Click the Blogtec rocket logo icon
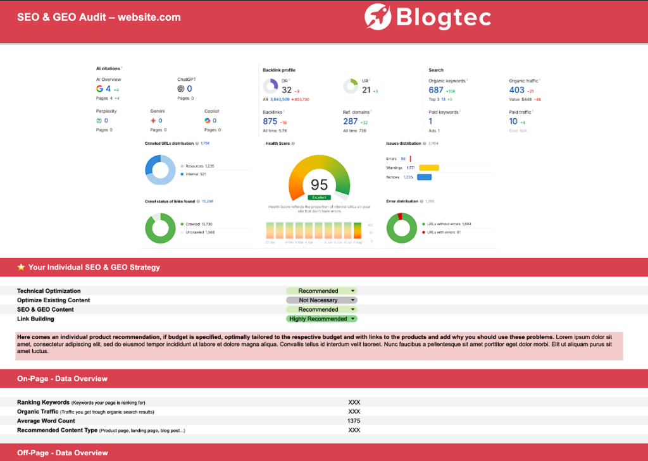coord(378,16)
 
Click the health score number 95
coord(319,185)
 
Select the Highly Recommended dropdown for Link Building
coord(321,319)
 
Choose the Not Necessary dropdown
coord(321,300)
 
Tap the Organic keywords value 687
coord(436,90)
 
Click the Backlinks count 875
coord(270,121)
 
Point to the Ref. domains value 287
coord(351,121)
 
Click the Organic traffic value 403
coord(516,90)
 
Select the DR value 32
coord(287,90)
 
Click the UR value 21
coord(366,90)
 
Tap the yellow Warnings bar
coord(428,168)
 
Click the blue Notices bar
coord(424,177)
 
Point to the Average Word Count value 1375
coord(354,421)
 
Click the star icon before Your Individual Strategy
coord(21,267)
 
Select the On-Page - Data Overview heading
coord(62,379)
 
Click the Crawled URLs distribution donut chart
coord(161,169)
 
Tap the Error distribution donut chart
coord(401,228)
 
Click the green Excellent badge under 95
coord(319,197)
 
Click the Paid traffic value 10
coord(513,121)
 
